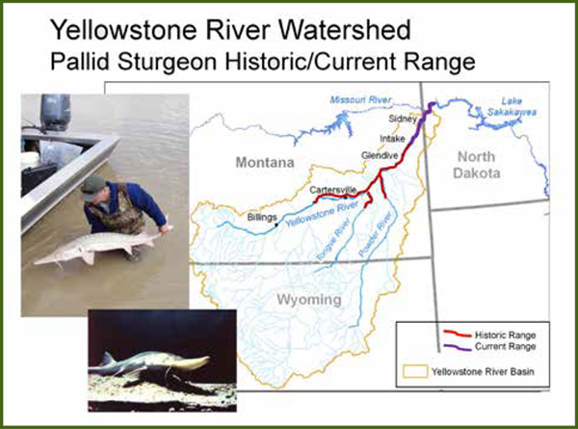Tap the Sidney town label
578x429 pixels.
(x=403, y=119)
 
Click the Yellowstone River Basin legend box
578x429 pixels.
(x=419, y=368)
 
